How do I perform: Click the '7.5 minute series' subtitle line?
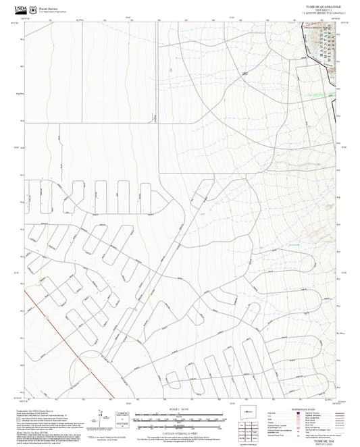coord(324,12)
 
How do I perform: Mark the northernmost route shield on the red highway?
coord(45,314)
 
